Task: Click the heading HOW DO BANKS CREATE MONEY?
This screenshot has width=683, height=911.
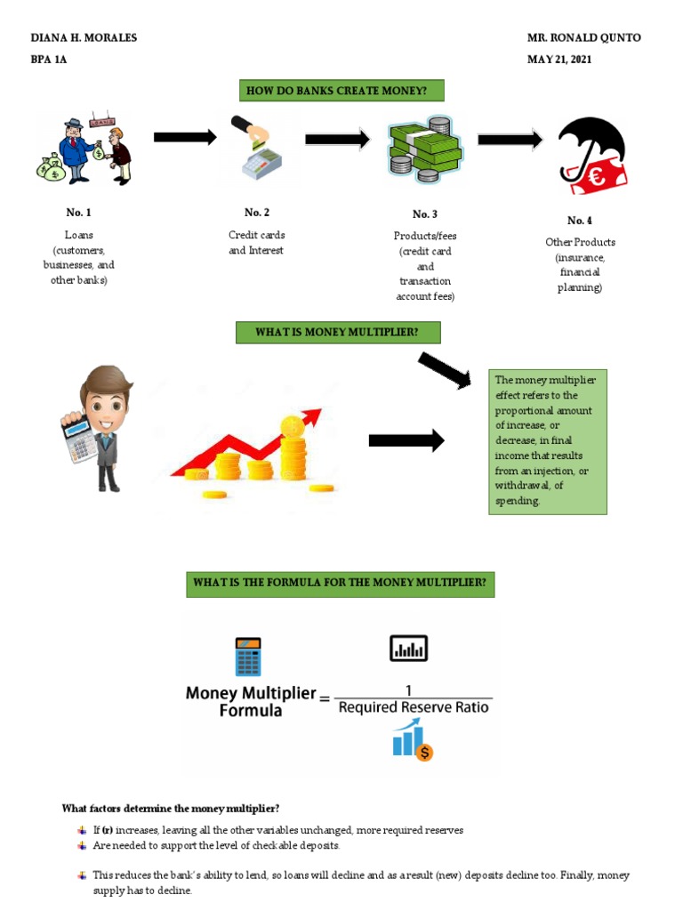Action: pyautogui.click(x=341, y=91)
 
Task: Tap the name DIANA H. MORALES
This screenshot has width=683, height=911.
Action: pyautogui.click(x=84, y=38)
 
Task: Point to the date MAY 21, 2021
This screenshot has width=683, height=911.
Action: pyautogui.click(x=559, y=60)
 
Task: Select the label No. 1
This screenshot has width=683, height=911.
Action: pyautogui.click(x=78, y=213)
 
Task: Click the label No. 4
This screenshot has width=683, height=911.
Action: pyautogui.click(x=580, y=221)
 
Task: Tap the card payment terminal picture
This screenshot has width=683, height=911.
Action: pyautogui.click(x=257, y=149)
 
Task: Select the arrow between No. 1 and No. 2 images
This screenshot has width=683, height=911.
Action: pyautogui.click(x=185, y=137)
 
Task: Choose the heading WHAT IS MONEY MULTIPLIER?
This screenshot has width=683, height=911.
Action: pyautogui.click(x=336, y=333)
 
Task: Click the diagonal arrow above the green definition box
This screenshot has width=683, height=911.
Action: pyautogui.click(x=444, y=369)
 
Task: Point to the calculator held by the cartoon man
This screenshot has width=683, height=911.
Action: pyautogui.click(x=78, y=436)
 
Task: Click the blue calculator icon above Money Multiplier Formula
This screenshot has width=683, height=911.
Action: pyautogui.click(x=248, y=656)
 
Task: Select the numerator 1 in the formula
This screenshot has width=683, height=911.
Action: pyautogui.click(x=409, y=689)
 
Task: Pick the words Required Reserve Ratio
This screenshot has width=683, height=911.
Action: pyautogui.click(x=414, y=708)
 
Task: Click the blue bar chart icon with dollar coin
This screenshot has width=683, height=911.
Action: pyautogui.click(x=412, y=741)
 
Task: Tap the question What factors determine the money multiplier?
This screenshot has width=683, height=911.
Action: pyautogui.click(x=171, y=809)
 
